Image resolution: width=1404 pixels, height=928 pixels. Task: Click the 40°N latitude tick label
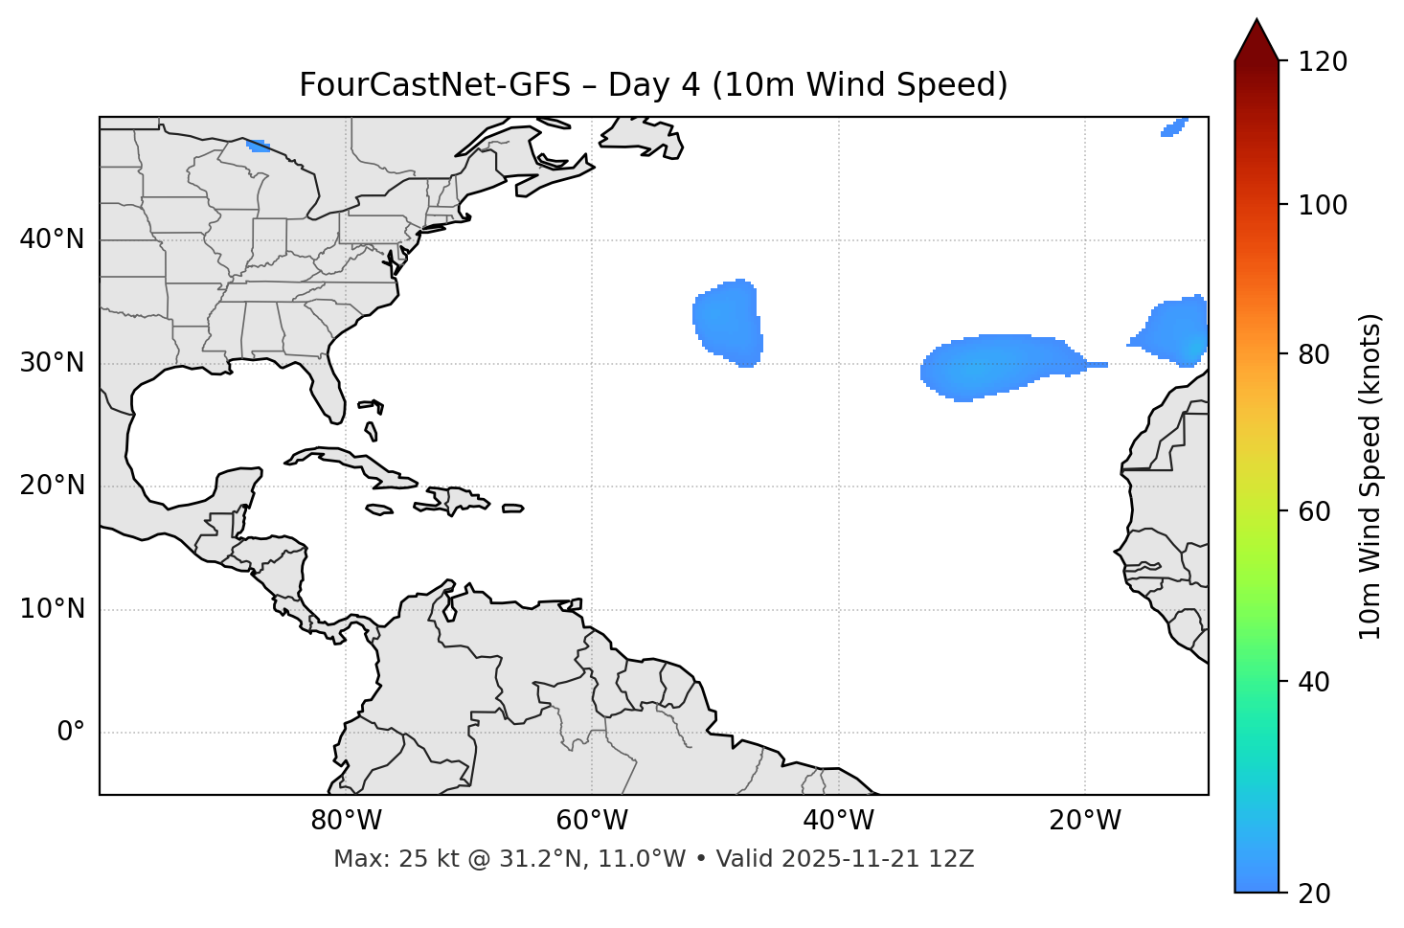pos(52,239)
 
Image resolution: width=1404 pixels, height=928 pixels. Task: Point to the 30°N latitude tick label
pos(52,363)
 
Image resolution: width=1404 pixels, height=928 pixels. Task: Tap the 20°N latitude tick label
pos(52,486)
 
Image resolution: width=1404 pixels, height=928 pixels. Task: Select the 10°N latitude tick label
pos(52,609)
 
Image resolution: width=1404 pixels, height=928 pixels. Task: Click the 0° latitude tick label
pos(71,733)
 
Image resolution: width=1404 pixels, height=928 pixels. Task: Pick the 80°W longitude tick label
pos(346,821)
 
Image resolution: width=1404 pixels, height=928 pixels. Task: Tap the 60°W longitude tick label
pos(592,821)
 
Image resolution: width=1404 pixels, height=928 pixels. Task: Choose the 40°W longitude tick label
pos(838,821)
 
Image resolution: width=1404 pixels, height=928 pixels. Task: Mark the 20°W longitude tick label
pos(1084,821)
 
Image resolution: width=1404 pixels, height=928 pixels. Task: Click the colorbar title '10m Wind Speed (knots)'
pos(1370,476)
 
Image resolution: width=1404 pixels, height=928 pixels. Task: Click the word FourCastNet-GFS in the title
pos(433,85)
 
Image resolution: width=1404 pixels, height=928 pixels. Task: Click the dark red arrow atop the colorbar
pos(1257,40)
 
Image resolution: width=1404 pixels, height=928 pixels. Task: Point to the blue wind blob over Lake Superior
pos(258,146)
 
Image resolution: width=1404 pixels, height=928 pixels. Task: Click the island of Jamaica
pos(380,509)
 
